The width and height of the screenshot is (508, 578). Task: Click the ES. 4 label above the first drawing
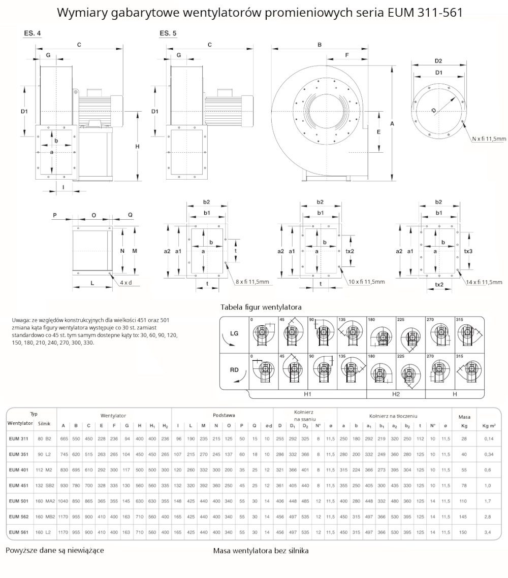click(x=33, y=33)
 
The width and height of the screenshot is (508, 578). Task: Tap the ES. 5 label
click(x=168, y=33)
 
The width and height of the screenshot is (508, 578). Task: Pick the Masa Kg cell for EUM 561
click(x=464, y=532)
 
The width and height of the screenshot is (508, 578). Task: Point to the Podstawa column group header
click(x=224, y=415)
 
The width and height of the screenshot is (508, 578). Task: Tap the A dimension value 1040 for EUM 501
click(x=63, y=501)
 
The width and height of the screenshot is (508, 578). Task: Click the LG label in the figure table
click(x=234, y=333)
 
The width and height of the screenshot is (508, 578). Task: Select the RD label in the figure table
click(x=234, y=370)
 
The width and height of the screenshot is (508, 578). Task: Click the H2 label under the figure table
click(x=396, y=394)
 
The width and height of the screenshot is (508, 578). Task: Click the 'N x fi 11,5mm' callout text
click(x=489, y=139)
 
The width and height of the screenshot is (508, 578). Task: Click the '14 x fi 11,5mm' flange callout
click(x=484, y=282)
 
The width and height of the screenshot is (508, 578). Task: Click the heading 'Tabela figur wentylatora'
click(x=261, y=307)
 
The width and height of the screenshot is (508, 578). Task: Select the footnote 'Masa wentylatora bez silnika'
click(x=261, y=550)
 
